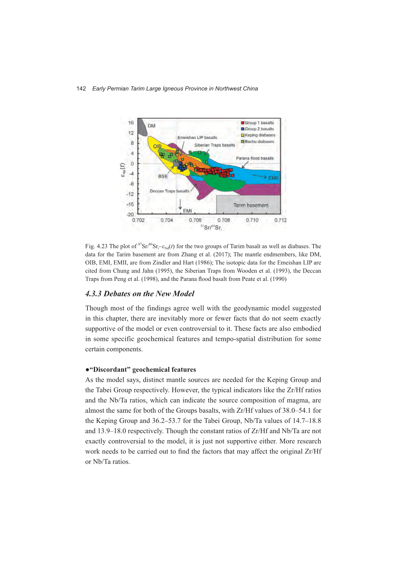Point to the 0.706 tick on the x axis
195,220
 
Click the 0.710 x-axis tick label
252,220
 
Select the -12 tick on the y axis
130,194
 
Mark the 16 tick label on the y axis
131,123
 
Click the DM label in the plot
151,126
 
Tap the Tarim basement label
251,205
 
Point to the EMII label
273,178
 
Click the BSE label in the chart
163,176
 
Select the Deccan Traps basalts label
170,191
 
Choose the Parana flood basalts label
255,158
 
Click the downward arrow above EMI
180,204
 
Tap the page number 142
81,88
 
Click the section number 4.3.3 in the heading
93,293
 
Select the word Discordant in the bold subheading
110,369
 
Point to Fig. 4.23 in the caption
96,246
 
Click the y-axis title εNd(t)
123,170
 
